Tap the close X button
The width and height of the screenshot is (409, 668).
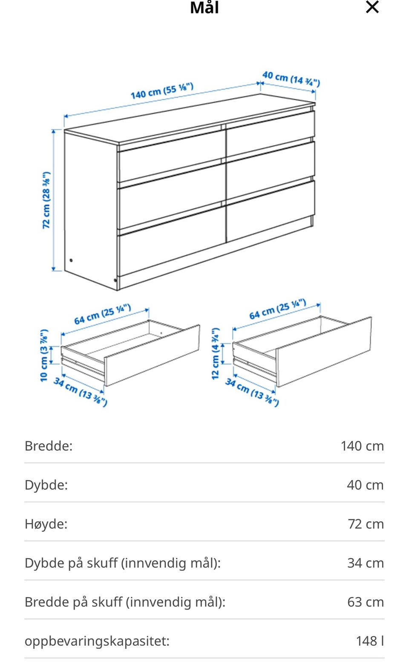372,7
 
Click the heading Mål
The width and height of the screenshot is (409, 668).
204,7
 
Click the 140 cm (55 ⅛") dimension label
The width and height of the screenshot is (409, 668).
162,91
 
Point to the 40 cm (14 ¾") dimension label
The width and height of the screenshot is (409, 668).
291,79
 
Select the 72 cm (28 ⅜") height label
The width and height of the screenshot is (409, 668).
46,200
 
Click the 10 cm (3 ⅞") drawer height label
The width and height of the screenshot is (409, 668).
44,355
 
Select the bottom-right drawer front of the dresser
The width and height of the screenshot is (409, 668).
271,211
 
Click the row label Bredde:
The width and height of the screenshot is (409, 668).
49,446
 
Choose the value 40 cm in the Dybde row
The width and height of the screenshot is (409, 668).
365,485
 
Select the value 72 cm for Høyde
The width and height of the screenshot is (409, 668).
366,524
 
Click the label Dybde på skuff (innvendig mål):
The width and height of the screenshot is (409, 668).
123,563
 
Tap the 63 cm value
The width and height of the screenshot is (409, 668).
366,602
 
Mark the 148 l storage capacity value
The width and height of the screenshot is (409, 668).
370,641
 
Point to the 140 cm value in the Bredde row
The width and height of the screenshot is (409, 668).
362,446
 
